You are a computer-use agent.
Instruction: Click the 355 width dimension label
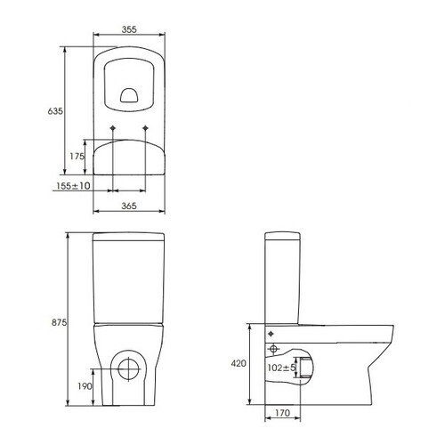(129, 29)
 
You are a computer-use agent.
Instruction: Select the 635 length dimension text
(55, 111)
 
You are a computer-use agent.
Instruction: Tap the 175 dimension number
(77, 156)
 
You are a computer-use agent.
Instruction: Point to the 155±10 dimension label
(73, 186)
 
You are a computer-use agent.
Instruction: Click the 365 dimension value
(129, 206)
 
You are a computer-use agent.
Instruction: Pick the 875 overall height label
(59, 322)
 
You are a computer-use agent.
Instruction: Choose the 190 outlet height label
(85, 386)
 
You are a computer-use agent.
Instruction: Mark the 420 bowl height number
(239, 363)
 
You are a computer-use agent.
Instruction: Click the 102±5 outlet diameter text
(281, 368)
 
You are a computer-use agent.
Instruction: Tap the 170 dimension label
(282, 413)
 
